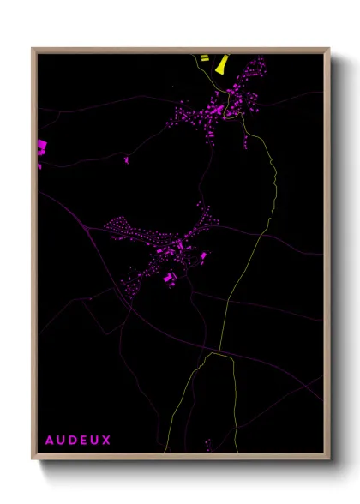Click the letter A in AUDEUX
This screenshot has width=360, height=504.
[x=50, y=441]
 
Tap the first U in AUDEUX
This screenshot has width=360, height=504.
[x=62, y=441]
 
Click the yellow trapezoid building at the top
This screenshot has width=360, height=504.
[x=222, y=64]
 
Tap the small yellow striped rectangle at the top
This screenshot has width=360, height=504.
[x=204, y=57]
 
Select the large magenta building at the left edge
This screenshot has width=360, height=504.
[x=40, y=147]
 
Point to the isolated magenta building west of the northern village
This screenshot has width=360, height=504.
[x=126, y=159]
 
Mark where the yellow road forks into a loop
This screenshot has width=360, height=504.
[x=219, y=352]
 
